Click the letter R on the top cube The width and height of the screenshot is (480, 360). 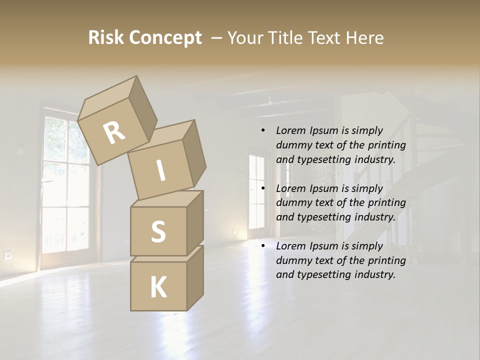pyautogui.click(x=114, y=133)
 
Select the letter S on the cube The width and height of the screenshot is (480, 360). pyautogui.click(x=158, y=231)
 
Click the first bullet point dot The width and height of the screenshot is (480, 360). pyautogui.click(x=263, y=130)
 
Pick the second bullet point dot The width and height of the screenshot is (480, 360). pyautogui.click(x=263, y=188)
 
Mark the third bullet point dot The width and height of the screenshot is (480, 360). pyautogui.click(x=263, y=246)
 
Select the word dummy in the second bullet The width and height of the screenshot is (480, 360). pyautogui.click(x=292, y=203)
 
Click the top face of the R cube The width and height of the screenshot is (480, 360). pyautogui.click(x=108, y=98)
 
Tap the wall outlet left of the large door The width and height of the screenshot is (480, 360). pyautogui.click(x=8, y=255)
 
